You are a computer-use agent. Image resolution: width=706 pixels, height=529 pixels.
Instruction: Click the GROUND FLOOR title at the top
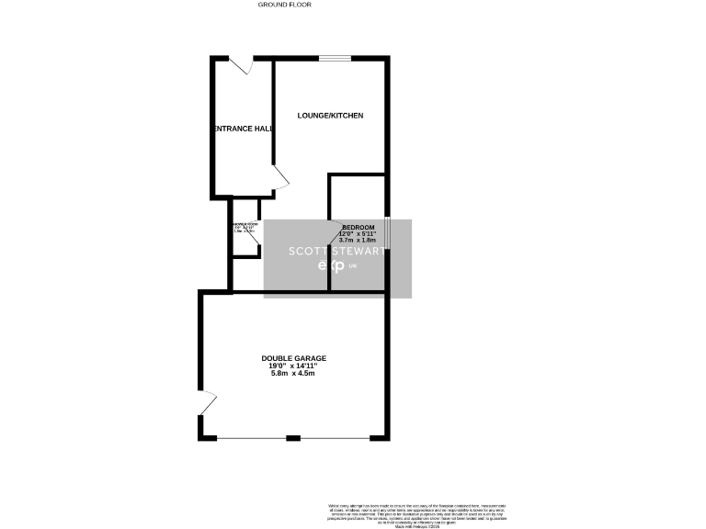tap(284, 5)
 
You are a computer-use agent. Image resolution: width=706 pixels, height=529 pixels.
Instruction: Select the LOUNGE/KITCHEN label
tap(330, 116)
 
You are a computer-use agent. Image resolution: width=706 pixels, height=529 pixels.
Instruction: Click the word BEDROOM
tap(359, 228)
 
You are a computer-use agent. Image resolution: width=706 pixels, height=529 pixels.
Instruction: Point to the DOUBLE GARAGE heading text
tap(294, 358)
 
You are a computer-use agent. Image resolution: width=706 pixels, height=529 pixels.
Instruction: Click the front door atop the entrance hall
tap(242, 65)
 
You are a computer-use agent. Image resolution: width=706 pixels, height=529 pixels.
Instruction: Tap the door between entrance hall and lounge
tap(280, 181)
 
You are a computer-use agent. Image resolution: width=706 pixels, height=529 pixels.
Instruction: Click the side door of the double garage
tap(207, 403)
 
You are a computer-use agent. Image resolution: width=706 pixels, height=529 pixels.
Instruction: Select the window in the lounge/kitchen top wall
tap(335, 59)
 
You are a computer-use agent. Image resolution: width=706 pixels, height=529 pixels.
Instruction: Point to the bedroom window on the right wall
tap(387, 232)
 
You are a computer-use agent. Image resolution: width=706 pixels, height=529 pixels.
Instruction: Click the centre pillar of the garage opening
tap(293, 438)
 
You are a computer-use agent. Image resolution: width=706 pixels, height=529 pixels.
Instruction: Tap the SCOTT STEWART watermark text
tap(337, 250)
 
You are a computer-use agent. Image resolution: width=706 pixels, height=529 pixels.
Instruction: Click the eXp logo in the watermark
tap(331, 266)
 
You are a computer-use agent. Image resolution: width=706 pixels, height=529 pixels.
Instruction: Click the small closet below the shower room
tap(245, 272)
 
